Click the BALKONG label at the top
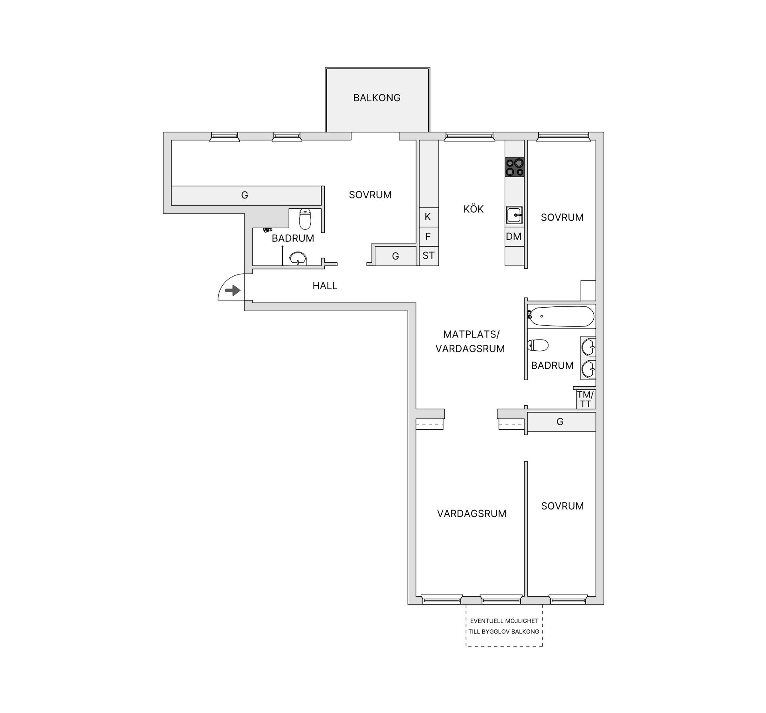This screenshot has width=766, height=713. tap(377, 98)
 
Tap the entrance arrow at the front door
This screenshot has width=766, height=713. tap(233, 290)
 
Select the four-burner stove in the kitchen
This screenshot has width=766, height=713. tap(515, 167)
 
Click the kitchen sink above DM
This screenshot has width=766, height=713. tap(515, 215)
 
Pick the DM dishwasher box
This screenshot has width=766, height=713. tap(514, 237)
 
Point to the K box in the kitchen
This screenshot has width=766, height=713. tap(429, 217)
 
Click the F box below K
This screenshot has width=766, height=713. tap(429, 237)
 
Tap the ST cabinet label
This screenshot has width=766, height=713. tap(428, 255)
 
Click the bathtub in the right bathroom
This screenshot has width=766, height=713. tap(561, 316)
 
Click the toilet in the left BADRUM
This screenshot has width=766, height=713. tap(305, 219)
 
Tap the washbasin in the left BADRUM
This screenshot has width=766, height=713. tap(298, 259)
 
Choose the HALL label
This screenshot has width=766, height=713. tap(325, 286)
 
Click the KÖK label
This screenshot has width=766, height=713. tap(474, 209)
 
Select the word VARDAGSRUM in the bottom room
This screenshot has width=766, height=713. tap(472, 514)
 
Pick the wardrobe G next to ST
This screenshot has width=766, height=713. tap(396, 256)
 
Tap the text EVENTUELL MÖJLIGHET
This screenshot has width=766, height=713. tap(504, 621)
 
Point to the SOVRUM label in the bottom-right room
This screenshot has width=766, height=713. tap(562, 506)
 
